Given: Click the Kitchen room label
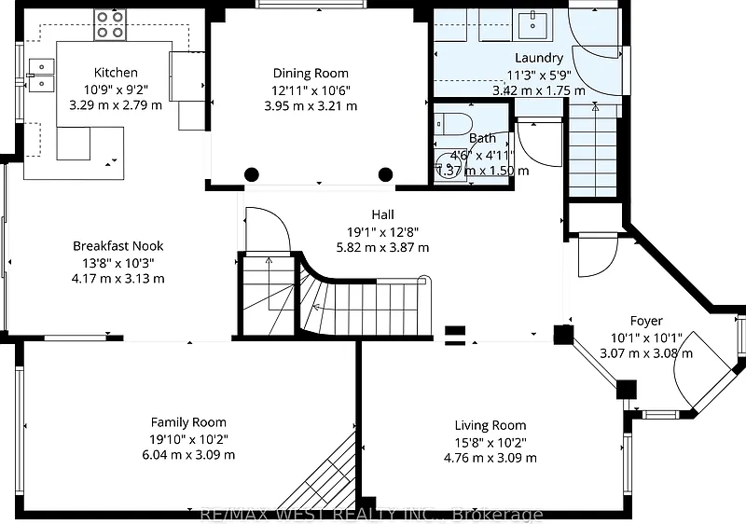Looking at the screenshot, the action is [x=116, y=73].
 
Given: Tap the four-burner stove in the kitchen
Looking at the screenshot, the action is [x=110, y=25].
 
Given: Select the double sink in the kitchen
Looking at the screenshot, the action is [x=41, y=75].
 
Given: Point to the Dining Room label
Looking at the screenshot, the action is [x=311, y=74].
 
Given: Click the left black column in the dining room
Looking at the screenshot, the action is [x=251, y=174].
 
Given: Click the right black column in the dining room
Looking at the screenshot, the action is [x=385, y=174].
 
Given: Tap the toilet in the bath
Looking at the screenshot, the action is [x=452, y=124].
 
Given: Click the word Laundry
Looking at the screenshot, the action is [x=539, y=58].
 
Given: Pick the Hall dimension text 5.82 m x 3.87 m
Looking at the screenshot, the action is [x=382, y=248].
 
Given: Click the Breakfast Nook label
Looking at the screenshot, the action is [x=118, y=246].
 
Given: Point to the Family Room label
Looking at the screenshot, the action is [x=188, y=422].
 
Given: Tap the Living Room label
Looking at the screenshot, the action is [x=490, y=425].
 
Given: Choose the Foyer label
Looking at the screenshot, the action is [x=646, y=322].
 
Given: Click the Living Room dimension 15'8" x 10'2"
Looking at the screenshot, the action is [x=490, y=442].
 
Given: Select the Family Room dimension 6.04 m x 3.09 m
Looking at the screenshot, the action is [x=188, y=455].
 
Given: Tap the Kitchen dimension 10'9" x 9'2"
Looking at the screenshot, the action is [x=116, y=89].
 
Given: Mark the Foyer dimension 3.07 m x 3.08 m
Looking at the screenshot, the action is [x=646, y=353].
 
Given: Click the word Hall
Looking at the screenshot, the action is [x=382, y=215].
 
